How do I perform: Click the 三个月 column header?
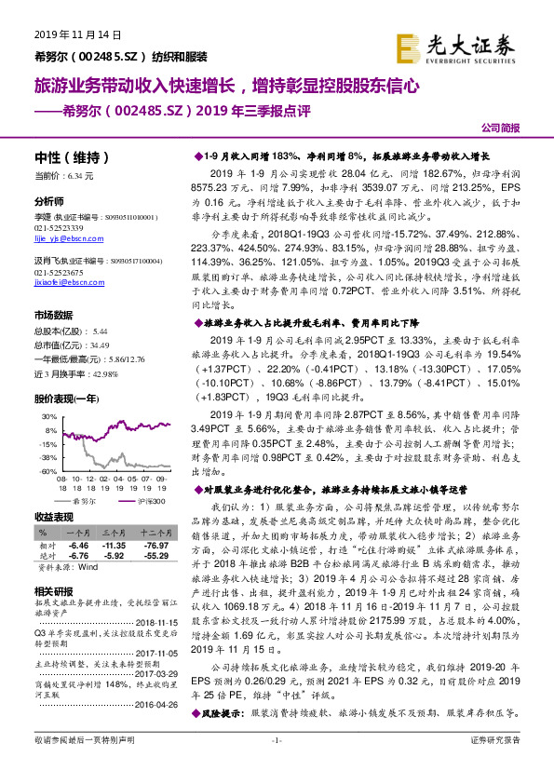[x=113, y=531]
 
